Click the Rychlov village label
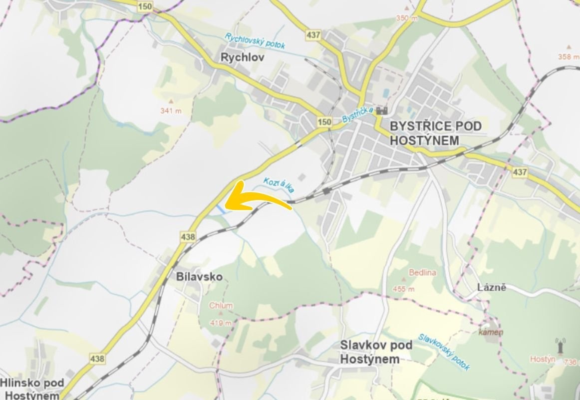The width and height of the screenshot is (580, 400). pos(242,57)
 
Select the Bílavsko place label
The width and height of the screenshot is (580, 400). pos(199,276)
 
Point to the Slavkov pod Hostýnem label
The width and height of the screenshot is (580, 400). pos(376,352)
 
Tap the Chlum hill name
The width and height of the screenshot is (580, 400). pos(221,305)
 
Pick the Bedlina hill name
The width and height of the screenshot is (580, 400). pos(422,272)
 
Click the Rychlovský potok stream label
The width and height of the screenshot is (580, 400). pos(255,41)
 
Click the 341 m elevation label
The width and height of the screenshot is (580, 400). pos(171,110)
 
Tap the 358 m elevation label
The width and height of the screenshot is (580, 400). pos(568,56)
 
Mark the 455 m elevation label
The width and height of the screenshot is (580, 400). pos(404,288)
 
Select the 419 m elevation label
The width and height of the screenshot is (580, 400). pos(221,322)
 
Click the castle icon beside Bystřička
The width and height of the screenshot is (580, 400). pos(383,110)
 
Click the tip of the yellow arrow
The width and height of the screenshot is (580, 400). pos(226,205)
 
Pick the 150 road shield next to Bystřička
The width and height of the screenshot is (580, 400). pos(324,122)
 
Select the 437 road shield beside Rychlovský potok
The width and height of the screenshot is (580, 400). pos(314,35)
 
